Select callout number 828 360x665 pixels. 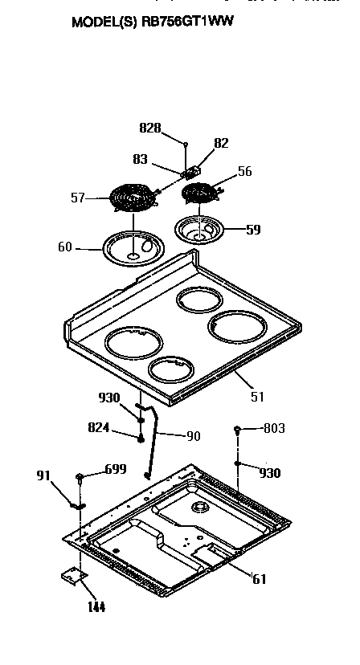point(150,128)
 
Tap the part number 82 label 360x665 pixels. point(221,143)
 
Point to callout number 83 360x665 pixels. point(141,159)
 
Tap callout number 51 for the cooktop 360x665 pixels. point(257,396)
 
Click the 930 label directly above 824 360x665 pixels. point(109,398)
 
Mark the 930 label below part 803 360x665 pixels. point(269,473)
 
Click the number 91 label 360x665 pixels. point(44,475)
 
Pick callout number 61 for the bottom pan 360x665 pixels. point(258,578)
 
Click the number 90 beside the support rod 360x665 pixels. point(193,436)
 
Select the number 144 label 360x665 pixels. point(95,606)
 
